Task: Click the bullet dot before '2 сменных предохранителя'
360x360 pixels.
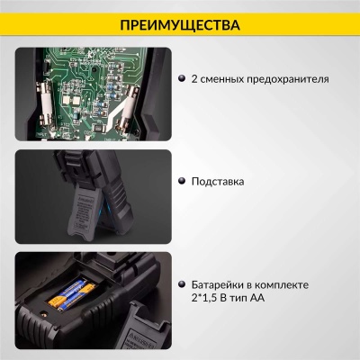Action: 181,79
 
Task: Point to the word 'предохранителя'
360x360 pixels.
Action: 285,79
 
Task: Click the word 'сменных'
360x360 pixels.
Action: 221,79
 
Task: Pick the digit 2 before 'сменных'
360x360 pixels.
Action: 194,79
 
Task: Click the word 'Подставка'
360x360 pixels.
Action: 218,181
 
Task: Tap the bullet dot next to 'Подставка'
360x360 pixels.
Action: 181,181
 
